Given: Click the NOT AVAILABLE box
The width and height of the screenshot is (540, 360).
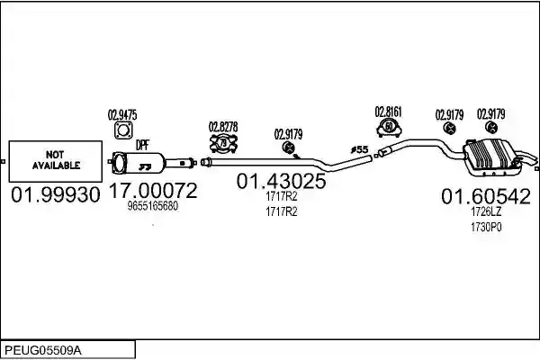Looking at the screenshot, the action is pos(56,161).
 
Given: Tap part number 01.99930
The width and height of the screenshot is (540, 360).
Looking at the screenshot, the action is pos(56,194).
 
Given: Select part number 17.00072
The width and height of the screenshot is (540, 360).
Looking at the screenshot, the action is pos(153,190).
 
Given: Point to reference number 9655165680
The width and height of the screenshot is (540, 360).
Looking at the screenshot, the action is pos(153,206).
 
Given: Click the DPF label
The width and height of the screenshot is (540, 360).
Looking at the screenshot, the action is pos(142,146).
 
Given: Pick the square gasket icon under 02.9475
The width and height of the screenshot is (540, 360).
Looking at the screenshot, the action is pos(123,130).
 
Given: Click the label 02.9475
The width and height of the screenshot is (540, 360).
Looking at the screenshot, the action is pos(122,114).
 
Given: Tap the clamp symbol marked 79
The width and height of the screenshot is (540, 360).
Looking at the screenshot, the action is pos(223,143).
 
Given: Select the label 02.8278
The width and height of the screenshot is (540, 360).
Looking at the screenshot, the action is pos(223,127).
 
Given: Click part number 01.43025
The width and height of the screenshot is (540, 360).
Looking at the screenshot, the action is pos(281,181).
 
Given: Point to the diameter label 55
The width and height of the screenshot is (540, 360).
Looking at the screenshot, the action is pos(359,149).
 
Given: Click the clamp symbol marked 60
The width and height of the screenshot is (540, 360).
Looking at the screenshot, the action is pos(389,128).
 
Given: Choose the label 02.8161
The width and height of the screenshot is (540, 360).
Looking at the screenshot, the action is pos(389,112).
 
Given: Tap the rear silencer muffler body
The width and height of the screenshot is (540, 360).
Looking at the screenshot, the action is pos(492,157).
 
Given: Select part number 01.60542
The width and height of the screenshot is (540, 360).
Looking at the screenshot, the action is pos(486,196).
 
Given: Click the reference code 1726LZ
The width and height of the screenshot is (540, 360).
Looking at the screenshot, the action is pos(486,211).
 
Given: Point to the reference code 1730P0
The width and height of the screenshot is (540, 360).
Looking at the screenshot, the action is pos(486,227).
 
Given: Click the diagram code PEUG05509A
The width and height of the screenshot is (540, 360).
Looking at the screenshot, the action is pos(43,351).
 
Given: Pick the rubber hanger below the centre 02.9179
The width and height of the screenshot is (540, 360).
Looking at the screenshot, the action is pos(288,148).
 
